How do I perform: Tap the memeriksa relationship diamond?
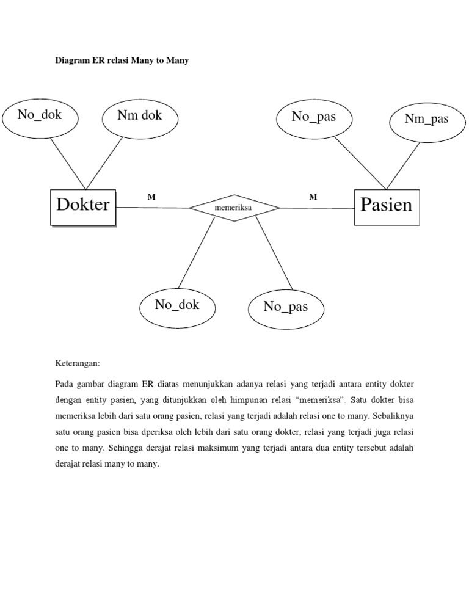coord(234,208)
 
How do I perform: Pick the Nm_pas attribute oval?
coord(426,119)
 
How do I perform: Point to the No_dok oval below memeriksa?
coord(177,307)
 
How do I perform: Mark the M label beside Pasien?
coord(313,197)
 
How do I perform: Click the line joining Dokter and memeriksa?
coord(153,208)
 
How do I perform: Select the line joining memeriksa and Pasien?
coord(318,208)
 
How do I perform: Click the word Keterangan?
coord(77,363)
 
